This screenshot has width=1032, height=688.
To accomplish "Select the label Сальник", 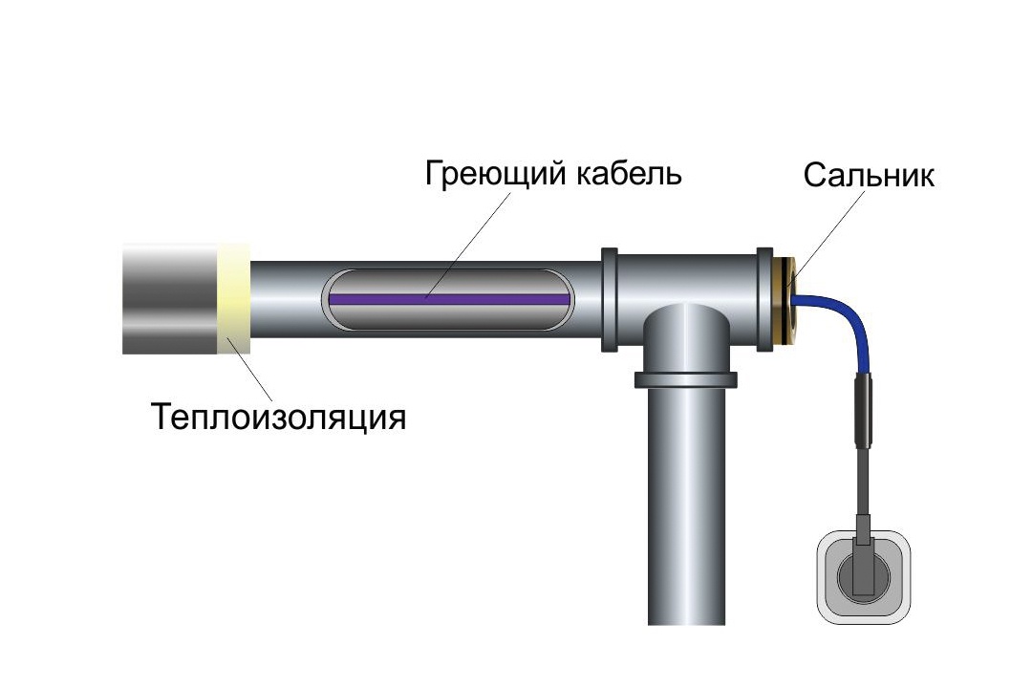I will (868, 176).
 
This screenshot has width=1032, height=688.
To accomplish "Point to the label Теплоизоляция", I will (278, 418).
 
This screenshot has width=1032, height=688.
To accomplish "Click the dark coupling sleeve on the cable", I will (864, 411).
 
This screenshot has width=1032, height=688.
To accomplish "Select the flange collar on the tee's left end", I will (609, 298).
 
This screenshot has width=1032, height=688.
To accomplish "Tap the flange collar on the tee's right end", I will (763, 298).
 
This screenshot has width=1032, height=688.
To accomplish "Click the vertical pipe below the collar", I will (685, 506).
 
